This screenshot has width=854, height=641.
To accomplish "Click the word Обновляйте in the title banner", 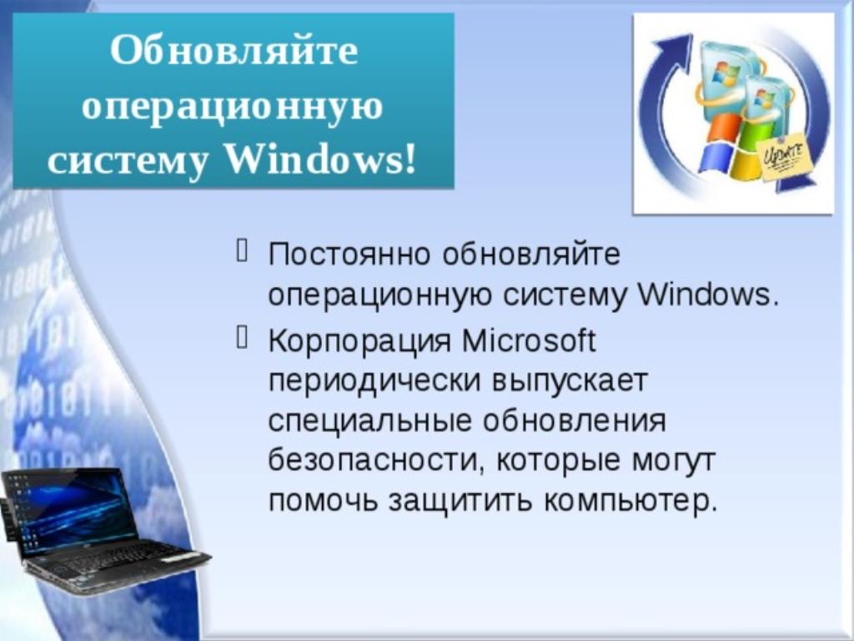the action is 234,51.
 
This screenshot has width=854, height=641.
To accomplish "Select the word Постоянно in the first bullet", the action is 349,254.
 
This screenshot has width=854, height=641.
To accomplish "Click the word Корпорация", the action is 360,341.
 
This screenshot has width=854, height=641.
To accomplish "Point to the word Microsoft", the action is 529,341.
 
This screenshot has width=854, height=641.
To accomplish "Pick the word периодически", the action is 374,381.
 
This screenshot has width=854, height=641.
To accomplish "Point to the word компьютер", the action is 630,501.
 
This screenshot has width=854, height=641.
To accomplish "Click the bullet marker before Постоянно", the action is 243,250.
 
